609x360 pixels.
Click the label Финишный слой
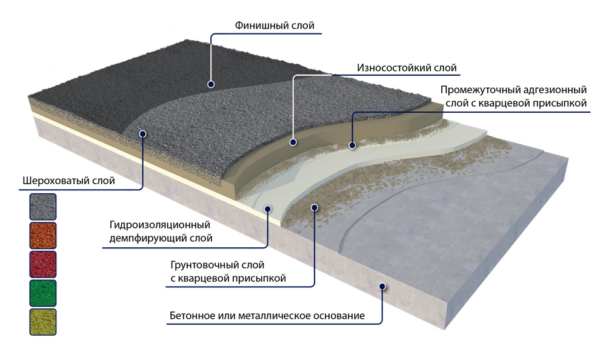[x=275, y=25]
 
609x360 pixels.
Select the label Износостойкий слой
[x=407, y=68]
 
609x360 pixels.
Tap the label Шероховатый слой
[x=68, y=181]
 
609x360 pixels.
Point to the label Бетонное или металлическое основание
[x=267, y=315]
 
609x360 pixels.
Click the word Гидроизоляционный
[x=159, y=225]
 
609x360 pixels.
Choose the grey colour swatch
[x=43, y=207]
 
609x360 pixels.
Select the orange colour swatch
[x=43, y=235]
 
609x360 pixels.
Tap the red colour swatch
[x=43, y=264]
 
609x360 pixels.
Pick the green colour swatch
[x=43, y=293]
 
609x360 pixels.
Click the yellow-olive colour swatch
[x=43, y=322]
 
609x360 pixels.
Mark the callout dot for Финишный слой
[x=211, y=84]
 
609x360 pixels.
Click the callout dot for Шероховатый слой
[x=142, y=134]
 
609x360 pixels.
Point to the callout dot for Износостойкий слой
[x=293, y=142]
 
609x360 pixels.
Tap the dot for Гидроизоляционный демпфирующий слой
[x=268, y=209]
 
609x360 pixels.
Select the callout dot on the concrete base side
[x=382, y=287]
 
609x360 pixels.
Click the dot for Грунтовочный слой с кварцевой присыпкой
[x=314, y=208]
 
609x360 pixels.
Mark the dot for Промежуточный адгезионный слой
[x=352, y=145]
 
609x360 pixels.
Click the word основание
[x=339, y=315]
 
